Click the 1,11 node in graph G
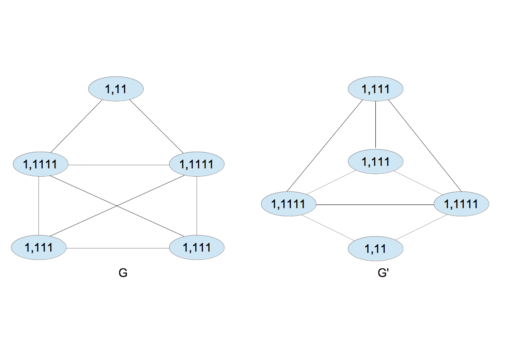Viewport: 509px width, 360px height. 116,89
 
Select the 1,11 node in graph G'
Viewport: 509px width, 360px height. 375,248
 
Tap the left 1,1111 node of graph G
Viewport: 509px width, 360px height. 41,164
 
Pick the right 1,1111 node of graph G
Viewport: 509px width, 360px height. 197,164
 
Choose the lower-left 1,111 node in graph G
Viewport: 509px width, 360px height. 39,247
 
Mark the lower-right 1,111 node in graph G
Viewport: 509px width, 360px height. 197,247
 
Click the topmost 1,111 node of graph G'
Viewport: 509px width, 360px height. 375,89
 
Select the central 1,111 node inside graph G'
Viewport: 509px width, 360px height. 375,161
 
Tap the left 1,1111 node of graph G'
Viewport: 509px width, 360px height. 289,205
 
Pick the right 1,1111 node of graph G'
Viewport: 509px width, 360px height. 462,205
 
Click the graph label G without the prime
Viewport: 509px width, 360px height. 123,273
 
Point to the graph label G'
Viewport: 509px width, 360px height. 383,273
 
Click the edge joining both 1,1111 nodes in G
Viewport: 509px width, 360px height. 118,164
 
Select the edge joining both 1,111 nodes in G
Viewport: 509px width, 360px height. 118,248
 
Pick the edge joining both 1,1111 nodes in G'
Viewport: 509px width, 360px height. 375,205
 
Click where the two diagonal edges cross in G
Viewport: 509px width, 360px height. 118,206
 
